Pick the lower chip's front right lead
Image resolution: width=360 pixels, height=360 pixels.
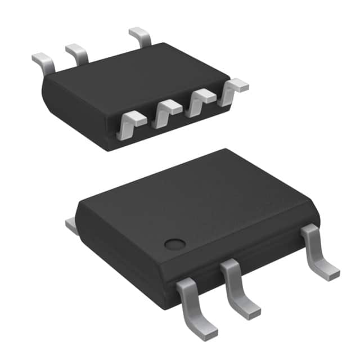pyautogui.click(x=318, y=250)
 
